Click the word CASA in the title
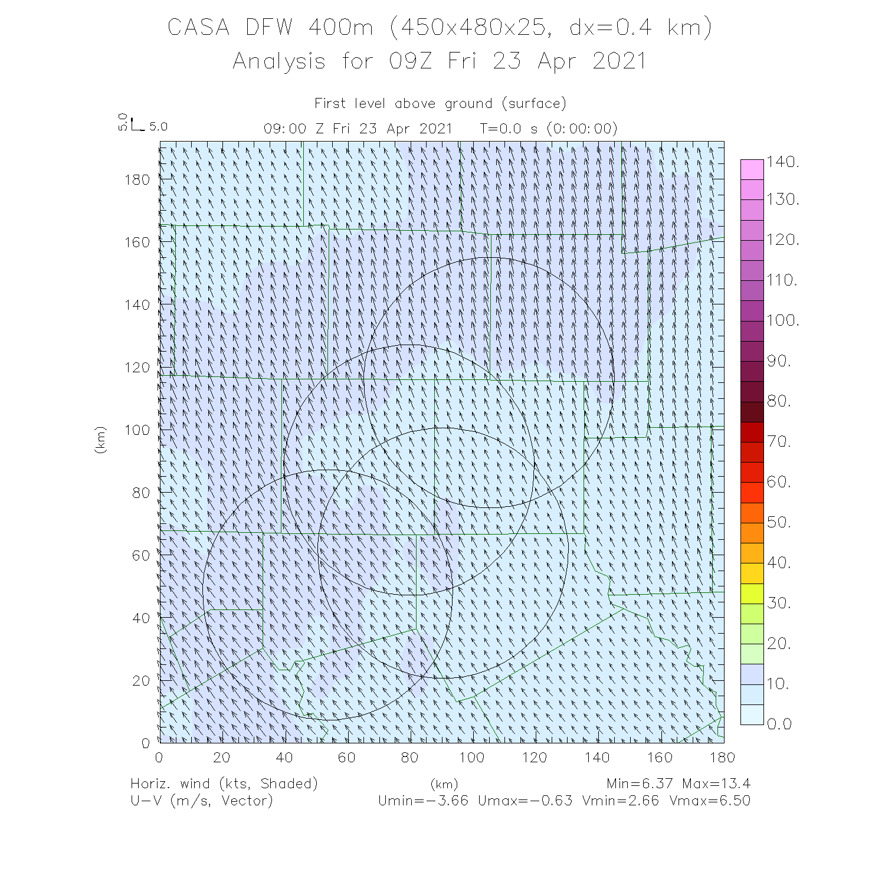198,28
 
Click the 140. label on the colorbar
783,161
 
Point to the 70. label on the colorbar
779,442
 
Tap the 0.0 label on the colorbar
779,724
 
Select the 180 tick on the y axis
137,179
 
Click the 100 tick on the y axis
137,430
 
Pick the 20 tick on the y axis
141,680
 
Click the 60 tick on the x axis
347,757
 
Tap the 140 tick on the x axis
597,757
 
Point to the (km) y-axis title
100,440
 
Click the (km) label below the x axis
444,784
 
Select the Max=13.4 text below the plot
716,784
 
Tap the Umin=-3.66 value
423,801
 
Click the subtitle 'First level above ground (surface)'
440,104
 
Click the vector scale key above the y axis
137,124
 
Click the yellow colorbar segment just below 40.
752,573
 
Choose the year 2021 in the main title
619,61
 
